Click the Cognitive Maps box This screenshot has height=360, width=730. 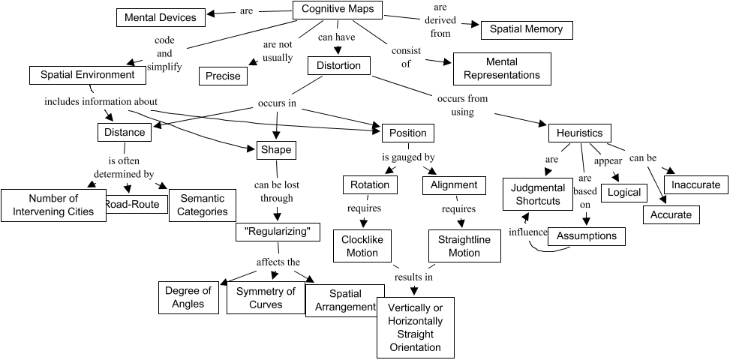click(337, 10)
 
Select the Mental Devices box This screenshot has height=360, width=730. click(160, 16)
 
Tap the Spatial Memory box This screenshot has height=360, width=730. click(526, 30)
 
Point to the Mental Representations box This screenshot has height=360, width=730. click(501, 68)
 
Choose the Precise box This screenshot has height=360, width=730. click(224, 75)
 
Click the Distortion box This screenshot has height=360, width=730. click(339, 65)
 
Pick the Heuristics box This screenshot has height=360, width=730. click(579, 133)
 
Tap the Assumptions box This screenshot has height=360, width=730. click(587, 236)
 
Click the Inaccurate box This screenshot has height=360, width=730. click(695, 184)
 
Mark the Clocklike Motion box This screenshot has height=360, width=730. click(362, 246)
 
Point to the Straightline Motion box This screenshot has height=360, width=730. click(464, 246)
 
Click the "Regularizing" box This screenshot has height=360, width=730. click(278, 231)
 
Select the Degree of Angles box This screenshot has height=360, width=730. click(188, 297)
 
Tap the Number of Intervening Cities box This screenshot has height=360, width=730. click(53, 205)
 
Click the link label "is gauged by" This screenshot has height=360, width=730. click(408, 157)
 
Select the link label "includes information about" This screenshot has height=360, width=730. click(101, 101)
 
